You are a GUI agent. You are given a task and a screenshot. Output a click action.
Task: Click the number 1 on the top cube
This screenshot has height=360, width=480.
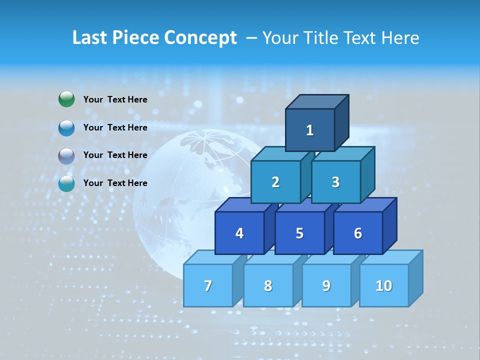[x=309, y=130]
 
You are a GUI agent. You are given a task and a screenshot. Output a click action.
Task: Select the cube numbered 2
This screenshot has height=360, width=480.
[x=275, y=182]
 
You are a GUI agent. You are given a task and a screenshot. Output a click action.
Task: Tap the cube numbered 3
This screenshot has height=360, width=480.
[x=335, y=182]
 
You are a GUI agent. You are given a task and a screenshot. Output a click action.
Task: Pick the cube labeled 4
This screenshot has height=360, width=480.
[x=239, y=233]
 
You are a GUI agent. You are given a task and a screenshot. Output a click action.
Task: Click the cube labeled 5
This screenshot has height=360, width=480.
[x=299, y=233]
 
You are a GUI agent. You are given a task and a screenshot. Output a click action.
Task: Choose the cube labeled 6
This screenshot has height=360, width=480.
[x=358, y=233]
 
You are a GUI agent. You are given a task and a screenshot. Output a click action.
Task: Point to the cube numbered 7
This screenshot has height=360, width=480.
[x=208, y=285]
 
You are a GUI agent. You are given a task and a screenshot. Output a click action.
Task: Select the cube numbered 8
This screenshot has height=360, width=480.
[x=268, y=285]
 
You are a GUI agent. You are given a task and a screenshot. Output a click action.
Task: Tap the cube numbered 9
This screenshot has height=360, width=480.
[x=326, y=285]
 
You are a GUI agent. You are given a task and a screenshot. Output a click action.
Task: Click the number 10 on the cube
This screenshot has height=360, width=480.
[x=383, y=285]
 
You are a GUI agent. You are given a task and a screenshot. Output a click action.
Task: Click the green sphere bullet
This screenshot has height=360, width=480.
[x=66, y=99]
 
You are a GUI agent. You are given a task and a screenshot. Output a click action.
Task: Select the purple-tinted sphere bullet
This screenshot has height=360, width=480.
[x=66, y=155]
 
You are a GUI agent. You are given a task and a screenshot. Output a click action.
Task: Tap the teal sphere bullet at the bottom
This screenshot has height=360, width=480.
[x=66, y=183]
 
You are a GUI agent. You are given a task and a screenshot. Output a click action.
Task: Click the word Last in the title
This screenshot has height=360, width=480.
[x=90, y=37]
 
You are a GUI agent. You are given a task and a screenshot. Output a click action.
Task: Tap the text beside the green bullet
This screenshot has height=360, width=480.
[x=115, y=99]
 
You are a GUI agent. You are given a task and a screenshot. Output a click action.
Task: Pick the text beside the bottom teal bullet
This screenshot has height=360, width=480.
[x=115, y=183]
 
